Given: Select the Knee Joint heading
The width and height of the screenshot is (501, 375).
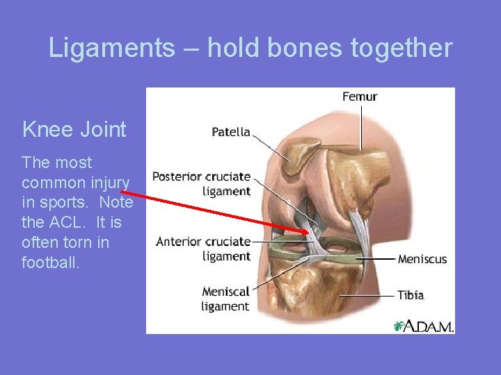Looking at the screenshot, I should pyautogui.click(x=74, y=129).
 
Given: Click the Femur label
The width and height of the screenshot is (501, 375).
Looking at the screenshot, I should pyautogui.click(x=359, y=97).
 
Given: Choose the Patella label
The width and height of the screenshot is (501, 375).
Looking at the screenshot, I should pyautogui.click(x=231, y=132).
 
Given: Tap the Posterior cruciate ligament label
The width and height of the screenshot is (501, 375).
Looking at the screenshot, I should pyautogui.click(x=202, y=183).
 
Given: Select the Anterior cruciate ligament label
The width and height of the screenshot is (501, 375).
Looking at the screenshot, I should pyautogui.click(x=203, y=249).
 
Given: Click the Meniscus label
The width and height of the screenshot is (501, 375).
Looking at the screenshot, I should pyautogui.click(x=422, y=259).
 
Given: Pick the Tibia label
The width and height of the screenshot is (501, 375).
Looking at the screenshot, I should pyautogui.click(x=411, y=295).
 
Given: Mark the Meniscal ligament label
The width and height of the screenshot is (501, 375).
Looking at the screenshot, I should pyautogui.click(x=225, y=299).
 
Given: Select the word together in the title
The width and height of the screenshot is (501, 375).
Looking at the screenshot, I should pyautogui.click(x=400, y=48).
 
